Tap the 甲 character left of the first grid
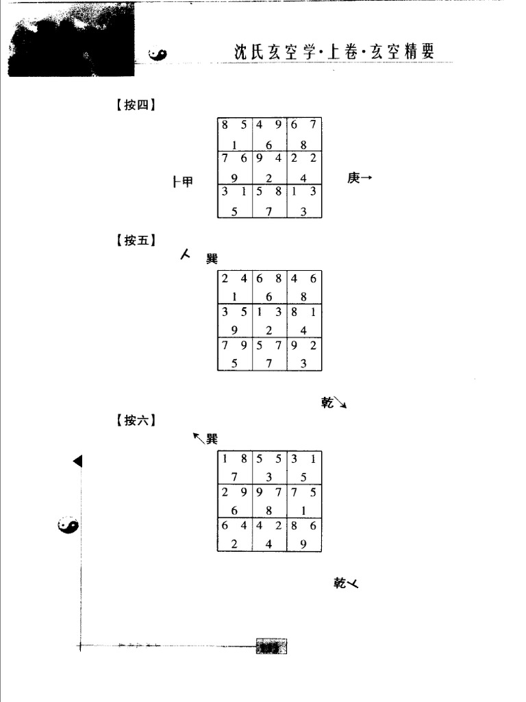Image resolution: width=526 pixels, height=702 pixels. point(186,182)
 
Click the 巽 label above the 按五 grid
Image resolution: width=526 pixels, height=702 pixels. point(212,258)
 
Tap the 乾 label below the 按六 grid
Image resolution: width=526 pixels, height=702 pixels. point(341,583)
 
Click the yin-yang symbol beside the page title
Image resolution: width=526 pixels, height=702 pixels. point(158,54)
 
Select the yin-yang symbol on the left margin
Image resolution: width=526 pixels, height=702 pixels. point(68,526)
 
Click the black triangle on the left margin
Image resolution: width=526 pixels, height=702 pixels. point(77,461)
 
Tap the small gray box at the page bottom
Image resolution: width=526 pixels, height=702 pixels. point(271,646)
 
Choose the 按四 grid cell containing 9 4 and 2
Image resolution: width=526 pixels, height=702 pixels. point(270,168)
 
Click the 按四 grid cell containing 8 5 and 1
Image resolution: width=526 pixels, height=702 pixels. point(235,134)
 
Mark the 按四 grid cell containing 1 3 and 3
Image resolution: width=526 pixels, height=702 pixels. point(305,202)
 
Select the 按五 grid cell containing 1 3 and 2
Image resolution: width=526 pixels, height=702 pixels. point(270,321)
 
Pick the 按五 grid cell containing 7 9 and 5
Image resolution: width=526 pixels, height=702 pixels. point(235,354)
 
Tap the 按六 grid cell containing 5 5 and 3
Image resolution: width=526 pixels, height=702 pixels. point(270,468)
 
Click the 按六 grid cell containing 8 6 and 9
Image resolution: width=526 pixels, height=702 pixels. point(305,535)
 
